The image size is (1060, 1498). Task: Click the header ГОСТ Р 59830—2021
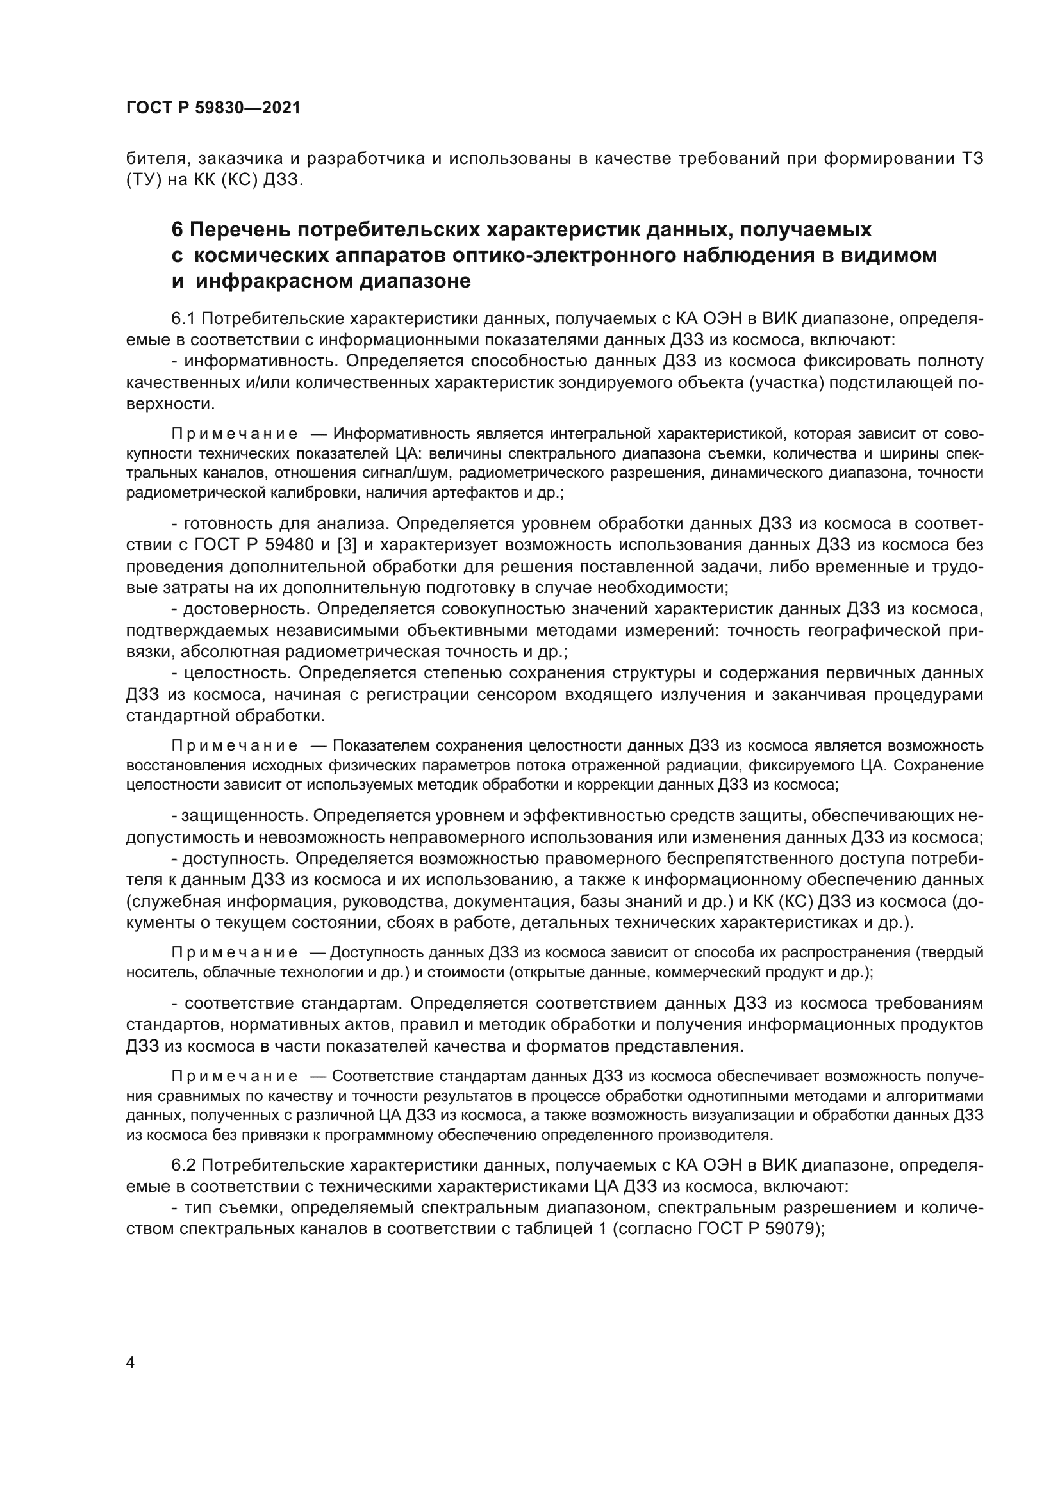(213, 108)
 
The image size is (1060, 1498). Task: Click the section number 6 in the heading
(177, 230)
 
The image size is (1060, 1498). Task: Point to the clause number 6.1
(183, 318)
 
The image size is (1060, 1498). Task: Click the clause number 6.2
(183, 1164)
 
